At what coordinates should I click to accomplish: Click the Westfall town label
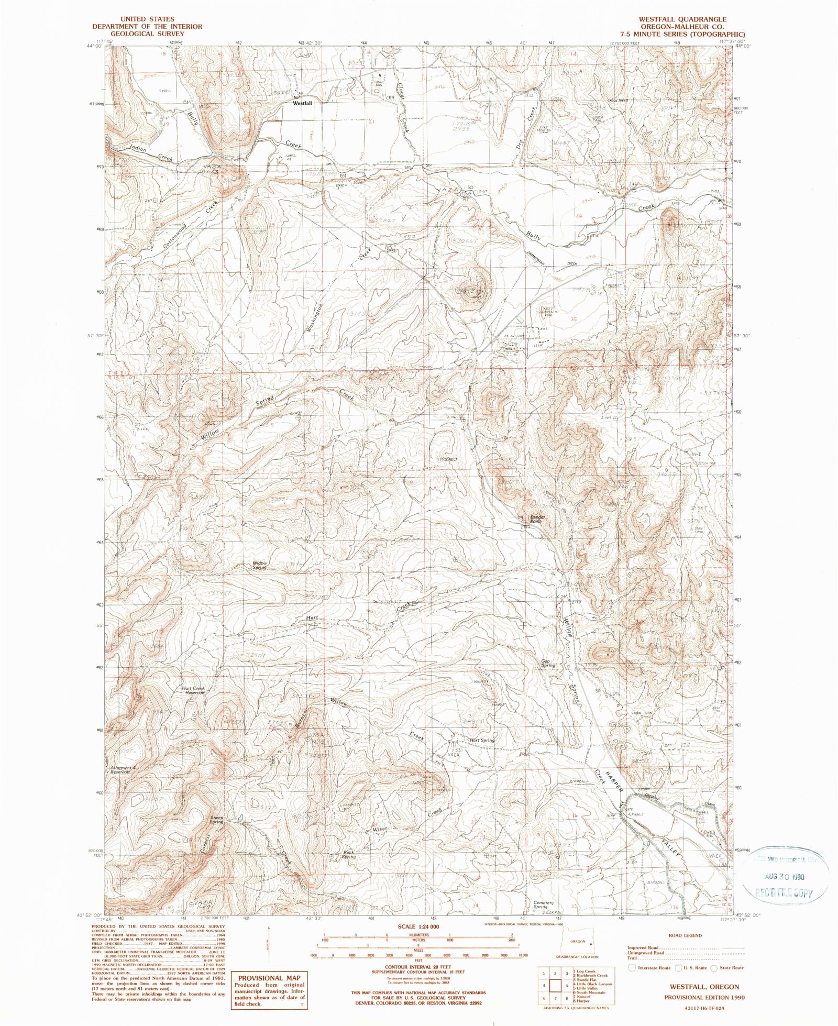tap(302, 103)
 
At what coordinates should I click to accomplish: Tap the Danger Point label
tap(537, 519)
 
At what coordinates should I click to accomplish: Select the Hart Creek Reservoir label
tap(193, 690)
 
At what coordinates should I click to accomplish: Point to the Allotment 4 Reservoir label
tap(122, 769)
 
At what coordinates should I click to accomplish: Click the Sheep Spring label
tap(216, 819)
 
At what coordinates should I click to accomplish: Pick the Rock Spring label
tap(348, 855)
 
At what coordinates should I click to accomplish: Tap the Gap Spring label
tap(548, 663)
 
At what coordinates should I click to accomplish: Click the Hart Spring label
tap(482, 740)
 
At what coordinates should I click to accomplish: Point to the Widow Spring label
tap(260, 565)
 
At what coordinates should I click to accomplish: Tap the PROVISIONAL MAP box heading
tap(269, 977)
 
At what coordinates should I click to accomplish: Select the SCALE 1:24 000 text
tap(418, 926)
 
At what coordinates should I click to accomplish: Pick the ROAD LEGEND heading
tap(685, 935)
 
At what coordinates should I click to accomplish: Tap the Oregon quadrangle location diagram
tap(578, 943)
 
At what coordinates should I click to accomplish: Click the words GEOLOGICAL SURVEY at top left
tap(147, 34)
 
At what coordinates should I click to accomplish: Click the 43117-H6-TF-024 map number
tap(703, 1008)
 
